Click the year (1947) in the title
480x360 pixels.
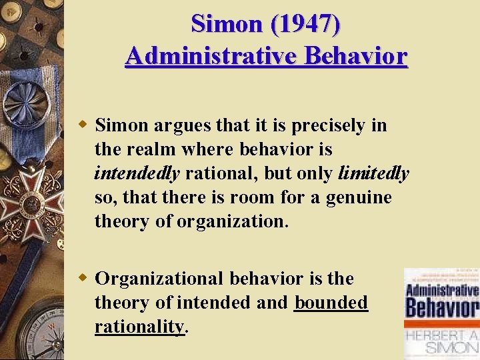tap(303, 24)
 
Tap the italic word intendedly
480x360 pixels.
tap(137, 173)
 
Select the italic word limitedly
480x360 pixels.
tap(373, 173)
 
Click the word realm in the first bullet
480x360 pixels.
tap(145, 149)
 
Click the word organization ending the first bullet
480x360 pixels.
tap(233, 221)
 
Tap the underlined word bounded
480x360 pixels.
tap(331, 302)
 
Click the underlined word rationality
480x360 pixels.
tap(139, 327)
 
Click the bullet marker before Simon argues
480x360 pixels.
tap(83, 125)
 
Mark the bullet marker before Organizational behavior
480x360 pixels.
tap(83, 277)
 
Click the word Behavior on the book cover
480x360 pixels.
tap(442, 309)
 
